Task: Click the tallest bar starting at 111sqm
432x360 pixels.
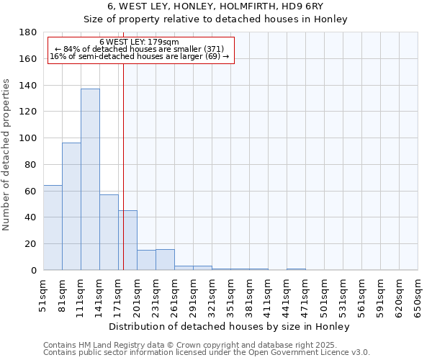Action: tap(90, 179)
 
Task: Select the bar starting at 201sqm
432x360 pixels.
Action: tap(146, 260)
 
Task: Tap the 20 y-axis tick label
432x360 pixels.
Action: tap(31, 244)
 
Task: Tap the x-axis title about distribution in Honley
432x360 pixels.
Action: tap(230, 326)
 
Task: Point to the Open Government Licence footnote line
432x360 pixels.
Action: tap(207, 353)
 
